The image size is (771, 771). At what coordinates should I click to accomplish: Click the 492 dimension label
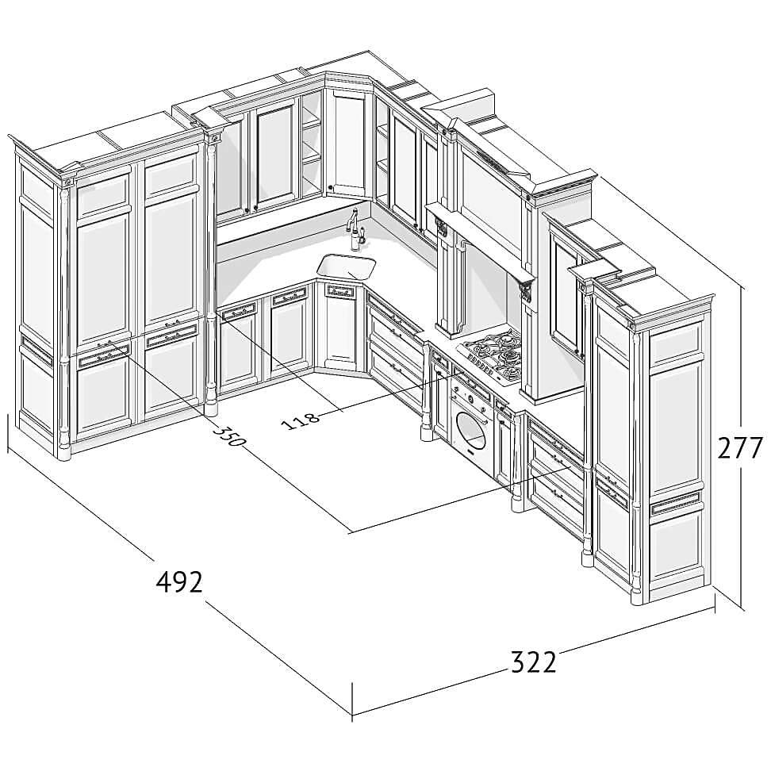tap(179, 582)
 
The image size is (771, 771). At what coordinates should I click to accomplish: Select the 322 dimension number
tap(534, 662)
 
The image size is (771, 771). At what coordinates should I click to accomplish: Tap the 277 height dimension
tap(739, 447)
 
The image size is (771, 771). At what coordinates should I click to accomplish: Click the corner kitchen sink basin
tap(347, 267)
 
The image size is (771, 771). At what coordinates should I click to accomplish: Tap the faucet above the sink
tap(355, 229)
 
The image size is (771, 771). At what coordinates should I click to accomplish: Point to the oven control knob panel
tap(471, 387)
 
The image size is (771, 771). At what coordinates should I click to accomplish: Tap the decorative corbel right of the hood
tap(526, 289)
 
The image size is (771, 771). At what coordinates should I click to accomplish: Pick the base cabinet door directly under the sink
tap(339, 327)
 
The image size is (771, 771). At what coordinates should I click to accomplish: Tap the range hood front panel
tap(490, 197)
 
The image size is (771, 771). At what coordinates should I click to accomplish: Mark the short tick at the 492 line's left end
tap(8, 432)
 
